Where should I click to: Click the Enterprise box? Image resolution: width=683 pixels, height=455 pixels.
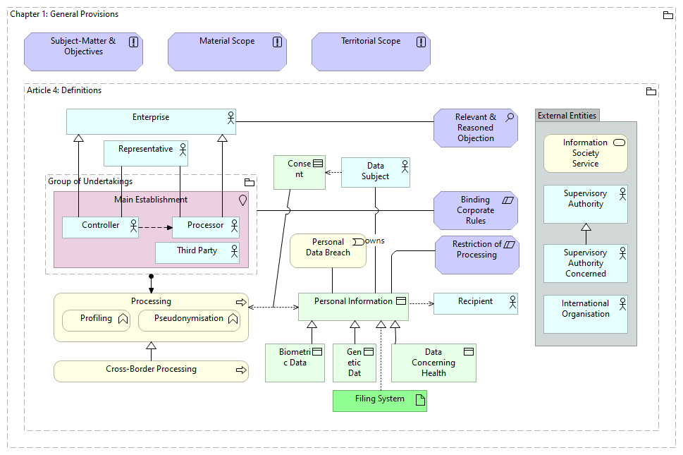pyautogui.click(x=151, y=121)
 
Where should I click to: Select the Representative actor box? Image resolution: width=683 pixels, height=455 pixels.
pyautogui.click(x=146, y=153)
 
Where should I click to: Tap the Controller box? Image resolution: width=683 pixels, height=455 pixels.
pyautogui.click(x=100, y=226)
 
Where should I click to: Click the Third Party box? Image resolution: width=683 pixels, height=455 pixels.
pyautogui.click(x=197, y=252)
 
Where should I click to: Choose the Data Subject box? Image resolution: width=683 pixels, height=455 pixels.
pyautogui.click(x=375, y=172)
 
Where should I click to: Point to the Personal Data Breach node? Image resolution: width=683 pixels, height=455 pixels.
pyautogui.click(x=328, y=250)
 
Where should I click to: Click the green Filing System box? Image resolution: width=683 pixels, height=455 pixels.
pyautogui.click(x=379, y=400)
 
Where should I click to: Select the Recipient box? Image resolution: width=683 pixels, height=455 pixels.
pyautogui.click(x=475, y=303)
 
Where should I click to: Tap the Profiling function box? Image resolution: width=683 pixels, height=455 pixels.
pyautogui.click(x=97, y=320)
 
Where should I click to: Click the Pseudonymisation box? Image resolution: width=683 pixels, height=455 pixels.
pyautogui.click(x=189, y=320)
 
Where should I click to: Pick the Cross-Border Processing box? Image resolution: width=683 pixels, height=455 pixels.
pyautogui.click(x=151, y=370)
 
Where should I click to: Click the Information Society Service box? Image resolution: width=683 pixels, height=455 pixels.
pyautogui.click(x=585, y=153)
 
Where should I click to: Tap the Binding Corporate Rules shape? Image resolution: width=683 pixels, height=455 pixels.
pyautogui.click(x=476, y=210)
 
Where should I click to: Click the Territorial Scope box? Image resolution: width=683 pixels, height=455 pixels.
pyautogui.click(x=371, y=51)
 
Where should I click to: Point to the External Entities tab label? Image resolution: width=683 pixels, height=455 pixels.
pyautogui.click(x=567, y=116)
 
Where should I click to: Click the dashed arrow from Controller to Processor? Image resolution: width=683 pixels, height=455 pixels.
pyautogui.click(x=155, y=227)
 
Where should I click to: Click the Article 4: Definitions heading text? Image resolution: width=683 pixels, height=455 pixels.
pyautogui.click(x=64, y=90)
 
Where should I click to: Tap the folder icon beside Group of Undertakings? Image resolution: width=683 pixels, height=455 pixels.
pyautogui.click(x=249, y=182)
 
